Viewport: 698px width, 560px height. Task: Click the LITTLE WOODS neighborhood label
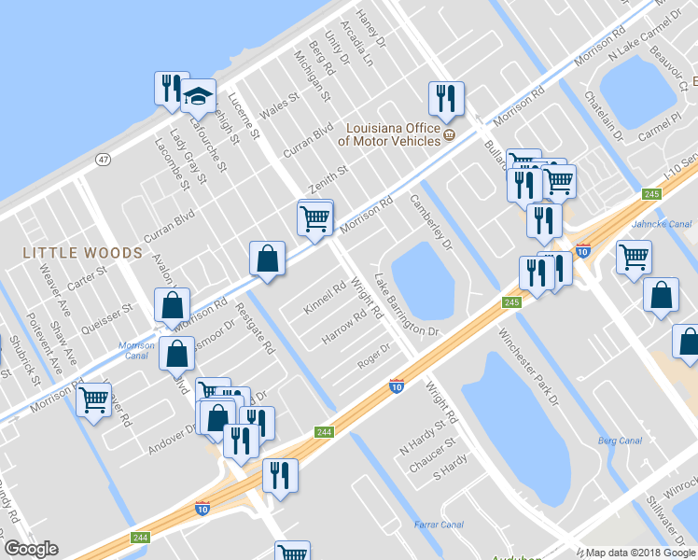(82, 253)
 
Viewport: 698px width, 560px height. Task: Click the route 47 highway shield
(102, 161)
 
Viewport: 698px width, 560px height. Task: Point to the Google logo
(31, 549)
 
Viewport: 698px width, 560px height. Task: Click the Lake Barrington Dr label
(406, 305)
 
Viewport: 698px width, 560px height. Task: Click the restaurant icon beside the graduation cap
(171, 89)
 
